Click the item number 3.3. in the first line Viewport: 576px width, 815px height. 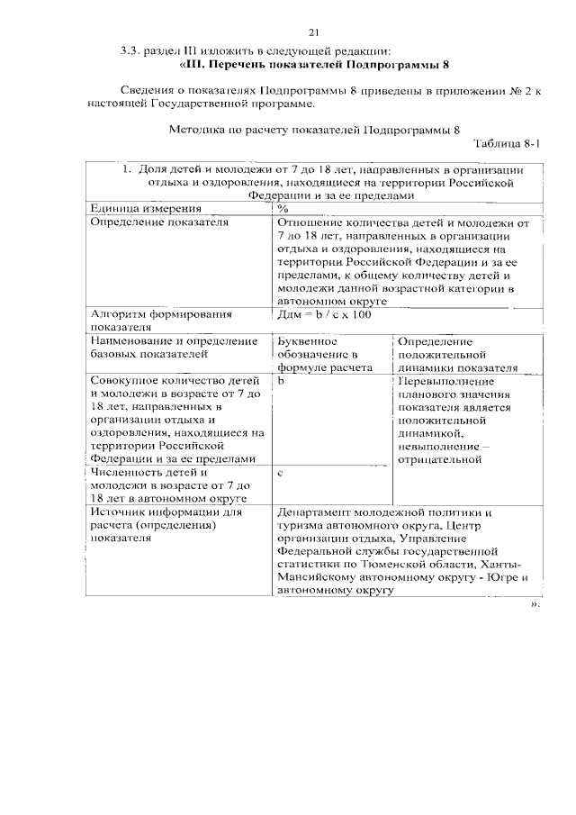[132, 53]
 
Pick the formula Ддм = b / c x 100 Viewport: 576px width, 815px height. [323, 313]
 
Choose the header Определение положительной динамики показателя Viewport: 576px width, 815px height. [456, 355]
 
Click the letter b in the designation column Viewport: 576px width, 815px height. [280, 381]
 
